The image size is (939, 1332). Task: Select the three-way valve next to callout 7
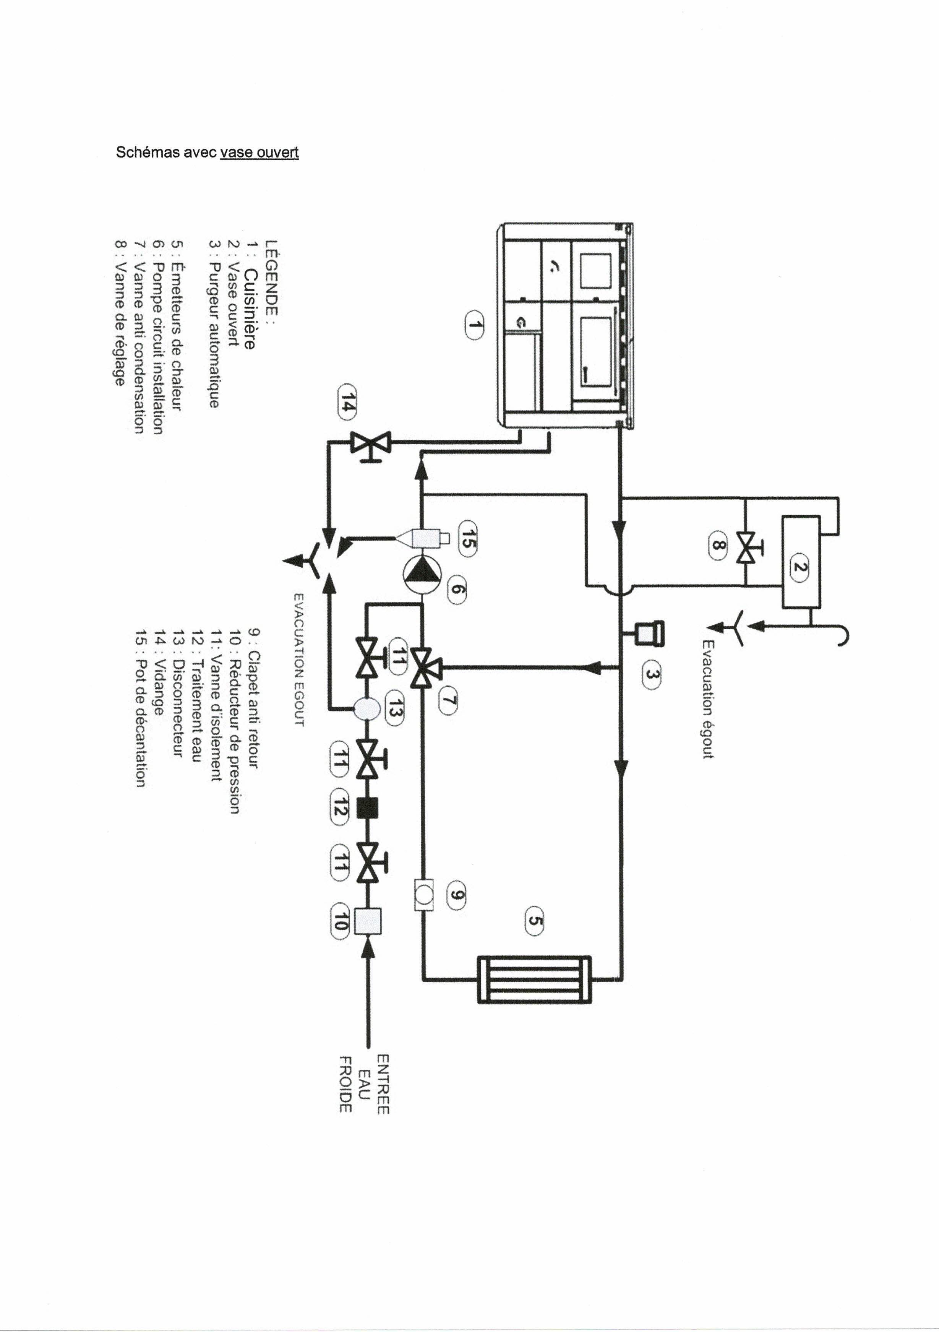coord(425,668)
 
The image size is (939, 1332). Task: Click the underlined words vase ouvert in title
coord(259,153)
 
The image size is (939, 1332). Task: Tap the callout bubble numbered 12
coord(340,807)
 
